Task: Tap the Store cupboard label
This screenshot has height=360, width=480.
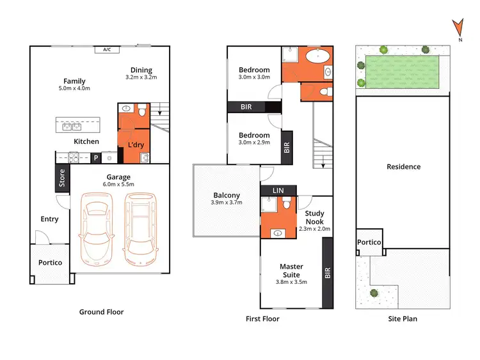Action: click(62, 178)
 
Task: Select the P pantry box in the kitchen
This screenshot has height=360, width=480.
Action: click(96, 157)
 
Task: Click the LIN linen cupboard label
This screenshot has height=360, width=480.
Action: click(278, 191)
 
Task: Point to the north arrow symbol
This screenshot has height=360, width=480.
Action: click(457, 27)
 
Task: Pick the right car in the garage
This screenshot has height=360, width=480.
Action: click(140, 228)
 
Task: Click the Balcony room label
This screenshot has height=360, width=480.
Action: click(227, 196)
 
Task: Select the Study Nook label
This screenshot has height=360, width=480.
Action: click(314, 217)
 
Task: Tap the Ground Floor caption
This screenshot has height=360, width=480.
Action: click(101, 312)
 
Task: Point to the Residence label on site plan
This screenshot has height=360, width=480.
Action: click(404, 167)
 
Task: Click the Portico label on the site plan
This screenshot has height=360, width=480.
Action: click(369, 243)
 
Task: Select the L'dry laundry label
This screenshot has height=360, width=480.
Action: click(135, 145)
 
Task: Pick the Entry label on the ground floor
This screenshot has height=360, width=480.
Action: click(49, 219)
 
